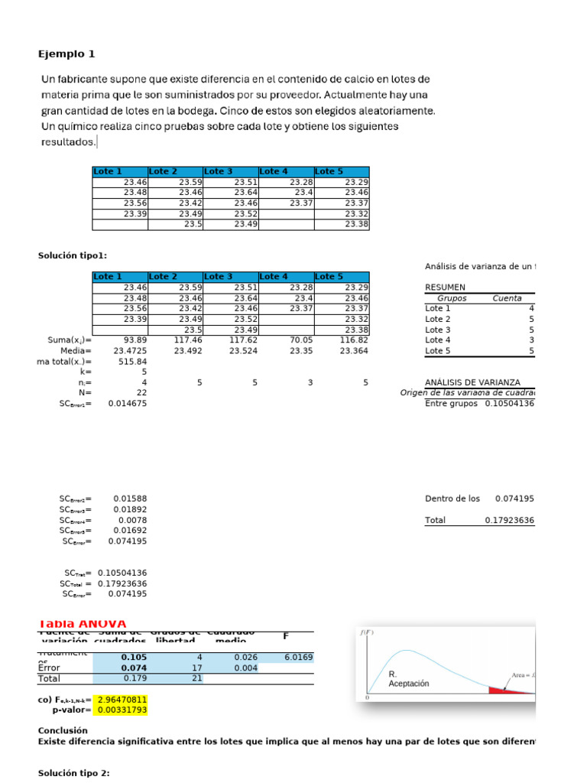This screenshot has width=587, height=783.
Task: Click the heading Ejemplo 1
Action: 66,54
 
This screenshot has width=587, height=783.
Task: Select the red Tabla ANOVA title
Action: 82,624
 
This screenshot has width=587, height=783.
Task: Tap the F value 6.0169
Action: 298,657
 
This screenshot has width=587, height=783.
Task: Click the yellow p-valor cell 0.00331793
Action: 120,710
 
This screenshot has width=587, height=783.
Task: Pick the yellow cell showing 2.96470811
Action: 120,699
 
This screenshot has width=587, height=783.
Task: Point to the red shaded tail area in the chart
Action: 501,690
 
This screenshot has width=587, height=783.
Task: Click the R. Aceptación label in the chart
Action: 409,679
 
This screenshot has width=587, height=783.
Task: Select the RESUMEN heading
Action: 445,288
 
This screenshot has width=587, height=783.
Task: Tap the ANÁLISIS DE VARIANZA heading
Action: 472,382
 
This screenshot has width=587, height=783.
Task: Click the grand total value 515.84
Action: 131,362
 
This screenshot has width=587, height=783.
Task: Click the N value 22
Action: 141,392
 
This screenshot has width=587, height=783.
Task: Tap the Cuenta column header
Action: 508,298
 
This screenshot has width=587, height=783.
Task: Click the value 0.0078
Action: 134,520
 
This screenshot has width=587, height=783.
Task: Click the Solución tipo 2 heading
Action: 74,773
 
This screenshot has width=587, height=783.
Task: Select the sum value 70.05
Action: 300,340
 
